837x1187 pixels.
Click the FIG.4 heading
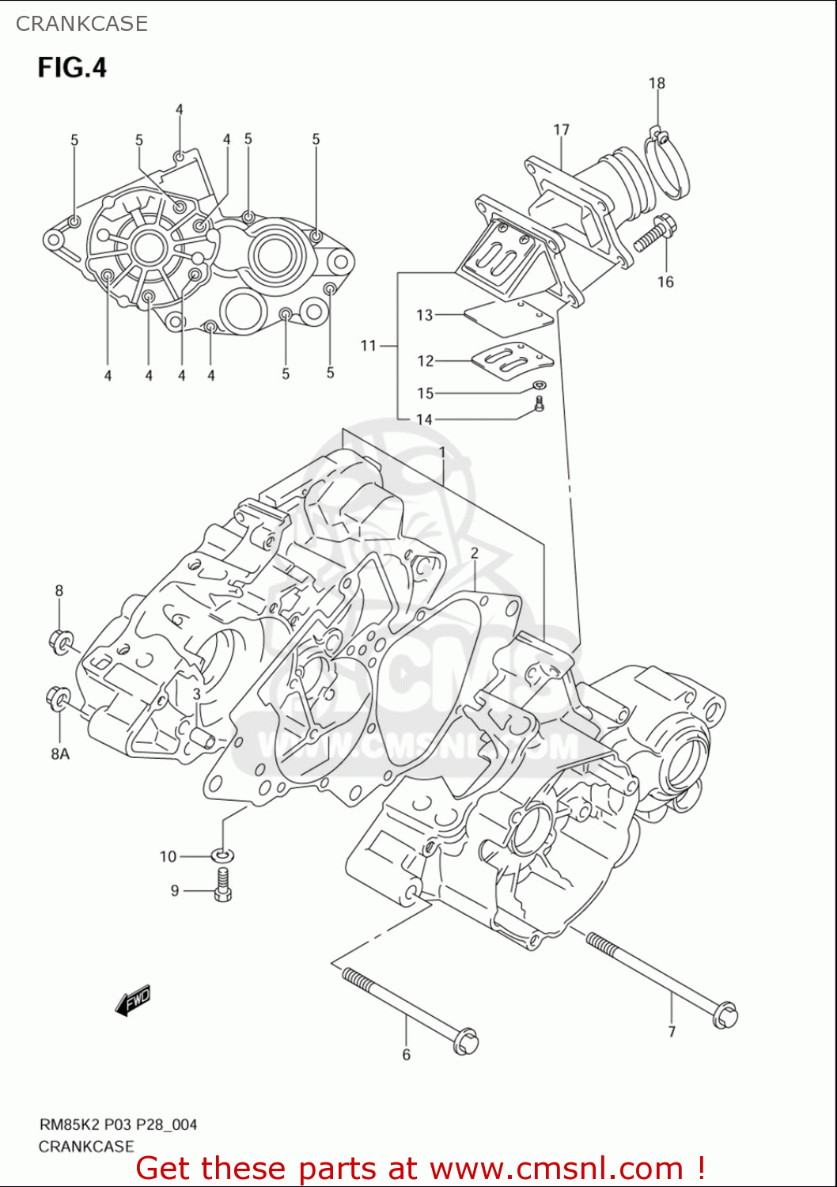72,67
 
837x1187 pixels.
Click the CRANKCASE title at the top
81,24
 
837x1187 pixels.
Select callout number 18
657,83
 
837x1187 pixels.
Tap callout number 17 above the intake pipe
561,130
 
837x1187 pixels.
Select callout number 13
425,315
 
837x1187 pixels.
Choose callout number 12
426,361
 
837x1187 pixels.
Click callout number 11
369,345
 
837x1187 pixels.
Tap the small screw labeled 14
539,405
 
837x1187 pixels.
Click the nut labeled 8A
57,698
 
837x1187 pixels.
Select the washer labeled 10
222,855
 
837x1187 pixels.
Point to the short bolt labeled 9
223,885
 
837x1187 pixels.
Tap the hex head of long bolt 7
725,1015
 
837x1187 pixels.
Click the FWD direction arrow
132,1001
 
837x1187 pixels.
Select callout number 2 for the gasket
475,553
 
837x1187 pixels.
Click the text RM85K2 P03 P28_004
119,1124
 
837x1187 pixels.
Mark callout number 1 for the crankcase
442,453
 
